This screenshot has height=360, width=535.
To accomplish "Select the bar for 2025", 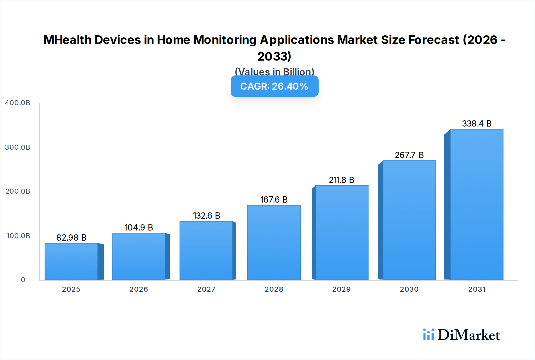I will [x=71, y=261].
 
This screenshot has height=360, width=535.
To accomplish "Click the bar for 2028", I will [x=274, y=242].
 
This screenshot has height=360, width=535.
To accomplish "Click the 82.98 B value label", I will [x=71, y=238].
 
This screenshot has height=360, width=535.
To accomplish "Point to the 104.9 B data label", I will [x=139, y=228].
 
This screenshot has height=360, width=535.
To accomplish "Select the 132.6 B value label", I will [x=206, y=216].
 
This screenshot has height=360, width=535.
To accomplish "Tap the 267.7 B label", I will [x=409, y=155].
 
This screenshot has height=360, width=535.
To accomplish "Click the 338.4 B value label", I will [x=476, y=124].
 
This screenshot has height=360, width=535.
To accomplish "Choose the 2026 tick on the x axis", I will [x=139, y=289].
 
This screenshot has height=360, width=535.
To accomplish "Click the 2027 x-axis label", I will [x=206, y=289].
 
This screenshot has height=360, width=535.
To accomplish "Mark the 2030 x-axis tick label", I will [x=409, y=289].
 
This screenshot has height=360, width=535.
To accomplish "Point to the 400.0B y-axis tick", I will [x=18, y=103].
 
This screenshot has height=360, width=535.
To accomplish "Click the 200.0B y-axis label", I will [x=18, y=191].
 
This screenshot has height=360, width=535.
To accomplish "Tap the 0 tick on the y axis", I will [x=23, y=280].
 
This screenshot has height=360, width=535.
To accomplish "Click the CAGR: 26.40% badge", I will [x=274, y=86].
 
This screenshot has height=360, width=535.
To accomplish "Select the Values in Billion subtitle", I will [x=274, y=72].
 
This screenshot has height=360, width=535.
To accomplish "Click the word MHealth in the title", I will [x=67, y=40].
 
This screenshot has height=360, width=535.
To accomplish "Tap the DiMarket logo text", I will [x=469, y=335].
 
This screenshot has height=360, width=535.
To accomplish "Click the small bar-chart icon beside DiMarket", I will [x=428, y=334].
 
